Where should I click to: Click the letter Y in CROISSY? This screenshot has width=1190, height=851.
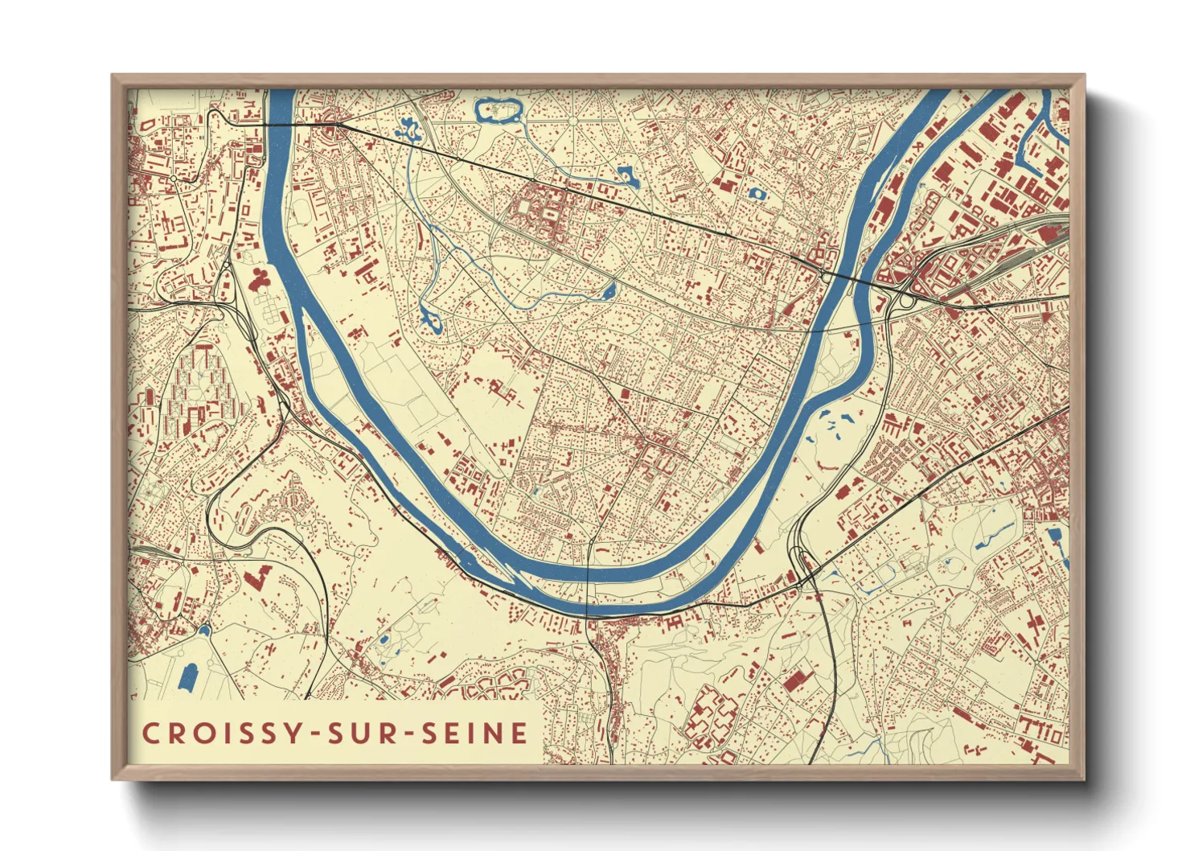(x=294, y=734)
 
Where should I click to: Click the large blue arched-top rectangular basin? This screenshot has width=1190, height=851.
(x=188, y=677)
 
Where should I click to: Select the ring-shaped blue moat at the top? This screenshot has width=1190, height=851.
(x=498, y=110)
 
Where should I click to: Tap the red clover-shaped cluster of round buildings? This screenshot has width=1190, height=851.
(x=261, y=281)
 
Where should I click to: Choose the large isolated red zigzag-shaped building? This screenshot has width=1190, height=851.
(x=256, y=578)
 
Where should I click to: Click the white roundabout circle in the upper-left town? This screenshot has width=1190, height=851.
(x=173, y=178)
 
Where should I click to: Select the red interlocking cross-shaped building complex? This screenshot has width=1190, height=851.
(x=711, y=716)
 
